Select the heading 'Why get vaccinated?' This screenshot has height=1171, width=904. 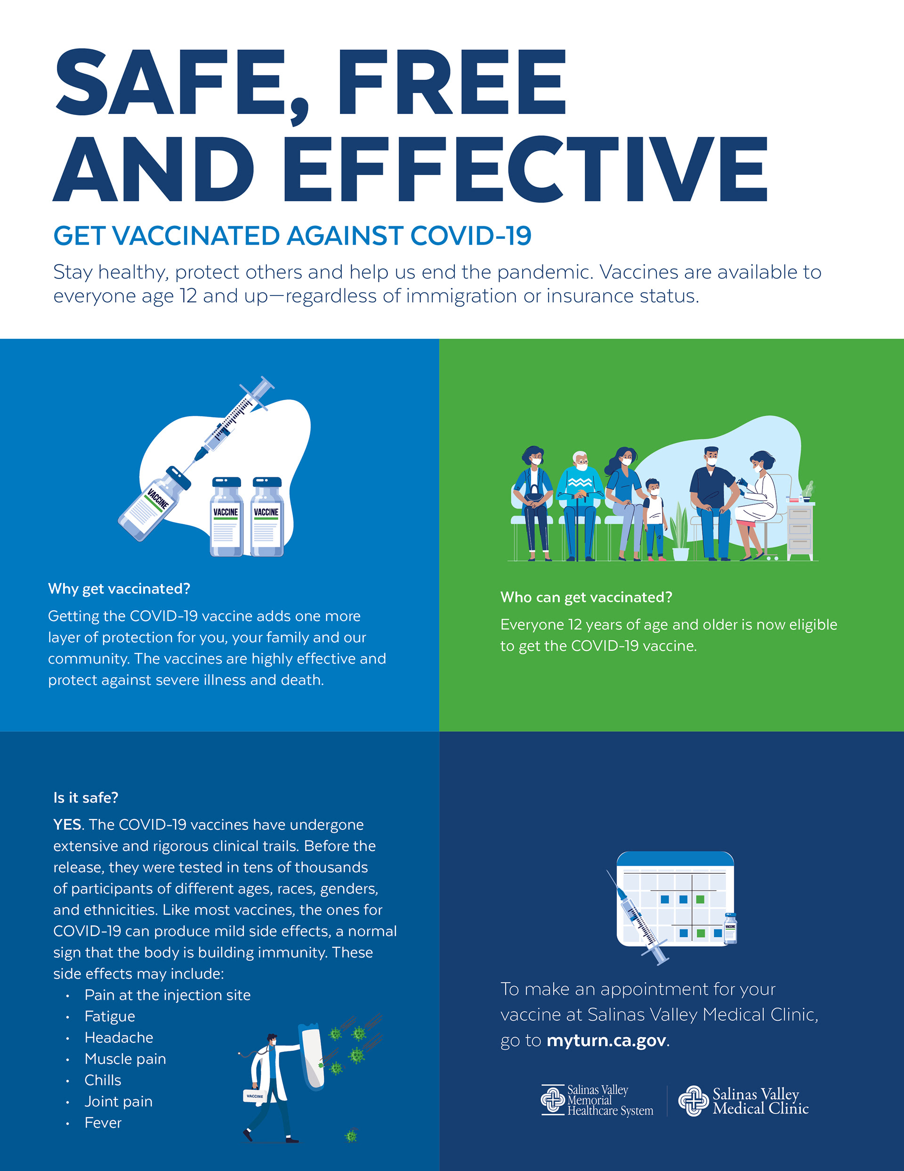point(119,589)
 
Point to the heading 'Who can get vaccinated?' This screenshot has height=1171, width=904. point(586,598)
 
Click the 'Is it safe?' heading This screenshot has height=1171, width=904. point(86,798)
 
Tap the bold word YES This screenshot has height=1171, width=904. point(67,825)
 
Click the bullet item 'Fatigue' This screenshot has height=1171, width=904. point(110,1016)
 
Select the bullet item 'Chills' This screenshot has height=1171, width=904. point(103,1081)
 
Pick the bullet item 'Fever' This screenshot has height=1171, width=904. point(103,1123)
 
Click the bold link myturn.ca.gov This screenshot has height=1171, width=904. point(606,1041)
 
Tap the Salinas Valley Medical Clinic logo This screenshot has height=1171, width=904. point(744,1101)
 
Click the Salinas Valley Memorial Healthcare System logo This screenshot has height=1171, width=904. point(597,1100)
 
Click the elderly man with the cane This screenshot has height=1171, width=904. point(580,504)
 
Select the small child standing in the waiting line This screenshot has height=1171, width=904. point(654,517)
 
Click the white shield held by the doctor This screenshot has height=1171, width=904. point(313,1056)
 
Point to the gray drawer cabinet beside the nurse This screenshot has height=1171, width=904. point(800,531)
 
